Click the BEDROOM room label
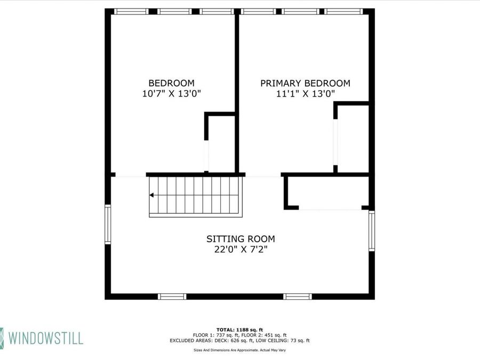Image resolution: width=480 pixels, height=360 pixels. [x=171, y=83]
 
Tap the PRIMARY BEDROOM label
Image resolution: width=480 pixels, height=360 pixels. [x=305, y=83]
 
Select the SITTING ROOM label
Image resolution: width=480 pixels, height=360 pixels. [x=241, y=239]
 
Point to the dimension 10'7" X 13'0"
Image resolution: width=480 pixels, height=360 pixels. [x=171, y=94]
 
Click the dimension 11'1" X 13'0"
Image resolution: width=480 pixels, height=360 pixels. [x=305, y=94]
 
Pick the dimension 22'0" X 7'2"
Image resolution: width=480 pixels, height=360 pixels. [x=241, y=250]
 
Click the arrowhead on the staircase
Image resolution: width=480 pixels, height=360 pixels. [x=152, y=195]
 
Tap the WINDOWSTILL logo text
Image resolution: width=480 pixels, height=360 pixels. [x=45, y=338]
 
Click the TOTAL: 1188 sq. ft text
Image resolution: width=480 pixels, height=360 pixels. [x=239, y=329]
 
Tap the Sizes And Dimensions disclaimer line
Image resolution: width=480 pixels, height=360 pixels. [x=239, y=350]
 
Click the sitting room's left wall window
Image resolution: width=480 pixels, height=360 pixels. [x=108, y=225]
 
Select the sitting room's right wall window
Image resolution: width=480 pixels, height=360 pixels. [x=372, y=230]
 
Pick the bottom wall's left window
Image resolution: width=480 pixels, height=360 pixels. [x=172, y=296]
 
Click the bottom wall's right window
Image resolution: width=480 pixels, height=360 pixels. [x=298, y=296]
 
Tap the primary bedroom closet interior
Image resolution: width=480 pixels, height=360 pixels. [x=353, y=139]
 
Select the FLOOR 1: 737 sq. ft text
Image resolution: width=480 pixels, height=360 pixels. [x=215, y=334]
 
